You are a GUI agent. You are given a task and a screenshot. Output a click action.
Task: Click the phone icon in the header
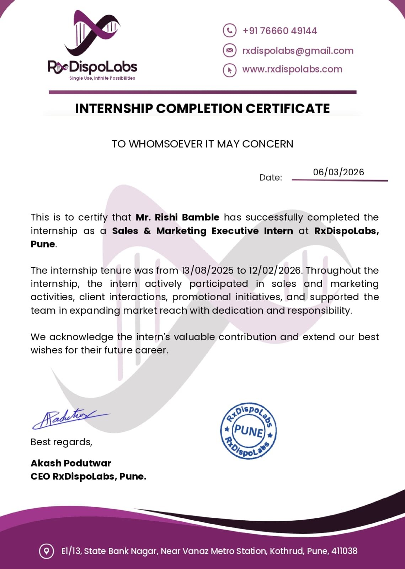pyautogui.click(x=229, y=31)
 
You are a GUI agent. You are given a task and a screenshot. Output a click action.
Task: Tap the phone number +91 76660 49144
pyautogui.click(x=279, y=31)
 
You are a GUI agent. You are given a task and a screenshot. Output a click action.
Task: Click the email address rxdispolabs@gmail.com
pyautogui.click(x=298, y=51)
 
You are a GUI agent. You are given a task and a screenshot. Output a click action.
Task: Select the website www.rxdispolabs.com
pyautogui.click(x=292, y=69)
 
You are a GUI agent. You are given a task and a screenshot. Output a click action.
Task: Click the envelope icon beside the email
pyautogui.click(x=229, y=50)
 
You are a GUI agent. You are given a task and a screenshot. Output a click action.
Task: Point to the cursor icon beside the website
pyautogui.click(x=229, y=70)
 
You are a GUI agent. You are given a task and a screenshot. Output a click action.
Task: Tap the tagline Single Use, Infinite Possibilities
pyautogui.click(x=102, y=78)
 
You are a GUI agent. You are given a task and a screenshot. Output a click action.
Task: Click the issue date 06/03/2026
pyautogui.click(x=339, y=172)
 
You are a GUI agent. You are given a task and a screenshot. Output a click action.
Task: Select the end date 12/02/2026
pyautogui.click(x=275, y=271)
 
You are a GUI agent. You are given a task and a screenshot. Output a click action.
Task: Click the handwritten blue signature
pyautogui.click(x=68, y=419)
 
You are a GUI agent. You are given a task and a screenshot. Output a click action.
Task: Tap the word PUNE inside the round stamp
pyautogui.click(x=249, y=431)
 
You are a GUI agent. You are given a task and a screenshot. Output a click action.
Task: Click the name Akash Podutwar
pyautogui.click(x=71, y=463)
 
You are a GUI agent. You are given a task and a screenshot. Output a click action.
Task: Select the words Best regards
pyautogui.click(x=61, y=442)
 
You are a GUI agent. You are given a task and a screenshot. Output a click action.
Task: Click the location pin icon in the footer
pyautogui.click(x=46, y=551)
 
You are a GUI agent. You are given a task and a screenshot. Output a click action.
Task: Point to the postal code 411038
pyautogui.click(x=344, y=551)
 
